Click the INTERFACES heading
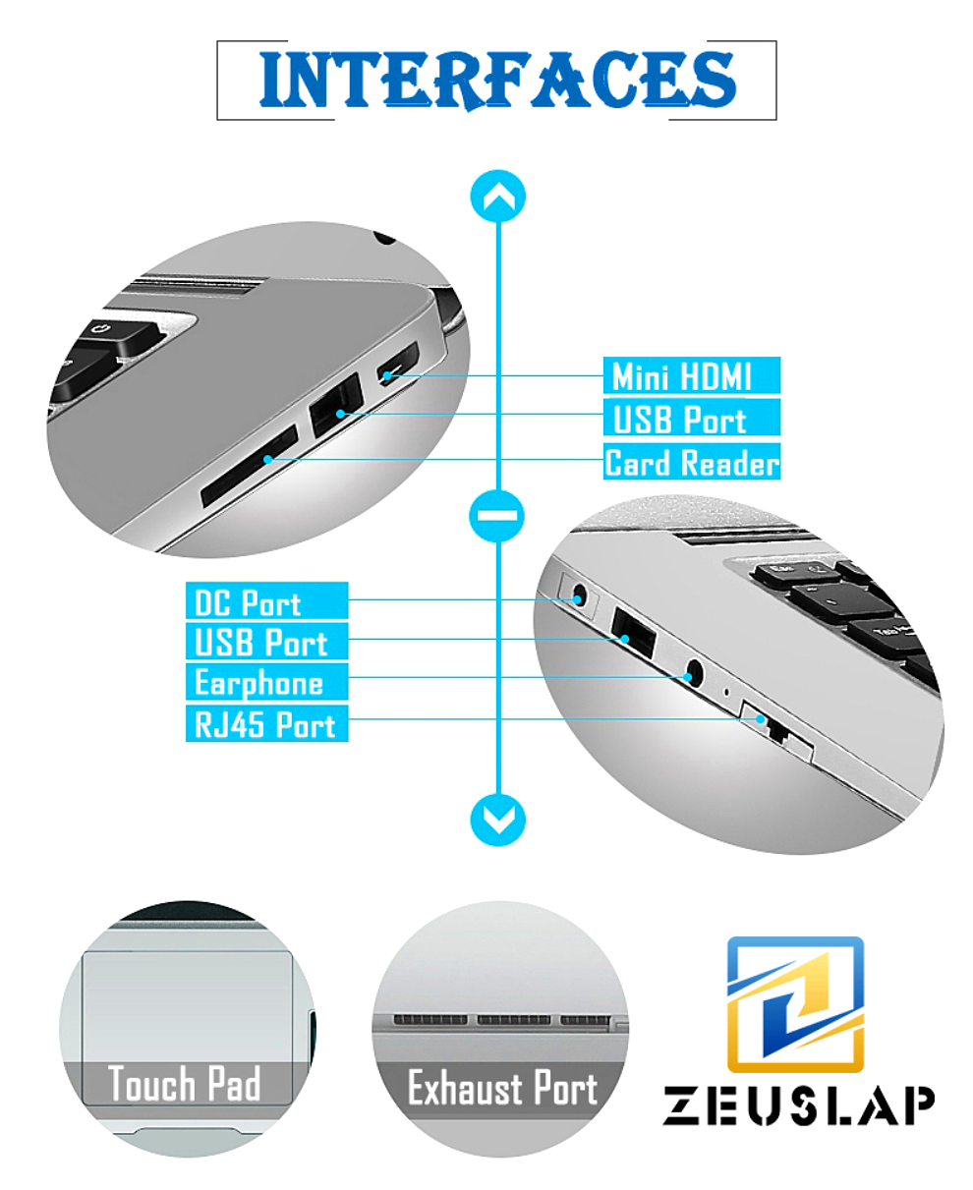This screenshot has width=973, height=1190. pyautogui.click(x=497, y=80)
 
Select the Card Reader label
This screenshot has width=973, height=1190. pyautogui.click(x=691, y=462)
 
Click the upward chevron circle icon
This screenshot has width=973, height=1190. pyautogui.click(x=497, y=196)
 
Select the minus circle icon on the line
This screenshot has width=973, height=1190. pyautogui.click(x=497, y=516)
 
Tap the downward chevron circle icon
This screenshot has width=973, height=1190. pyautogui.click(x=497, y=819)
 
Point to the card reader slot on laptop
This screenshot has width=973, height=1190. pyautogui.click(x=250, y=466)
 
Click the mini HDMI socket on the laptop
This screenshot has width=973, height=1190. pyautogui.click(x=398, y=364)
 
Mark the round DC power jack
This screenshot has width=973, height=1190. pyautogui.click(x=579, y=595)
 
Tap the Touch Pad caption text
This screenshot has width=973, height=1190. pyautogui.click(x=185, y=1084)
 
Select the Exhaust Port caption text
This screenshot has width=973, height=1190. pyautogui.click(x=502, y=1088)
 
